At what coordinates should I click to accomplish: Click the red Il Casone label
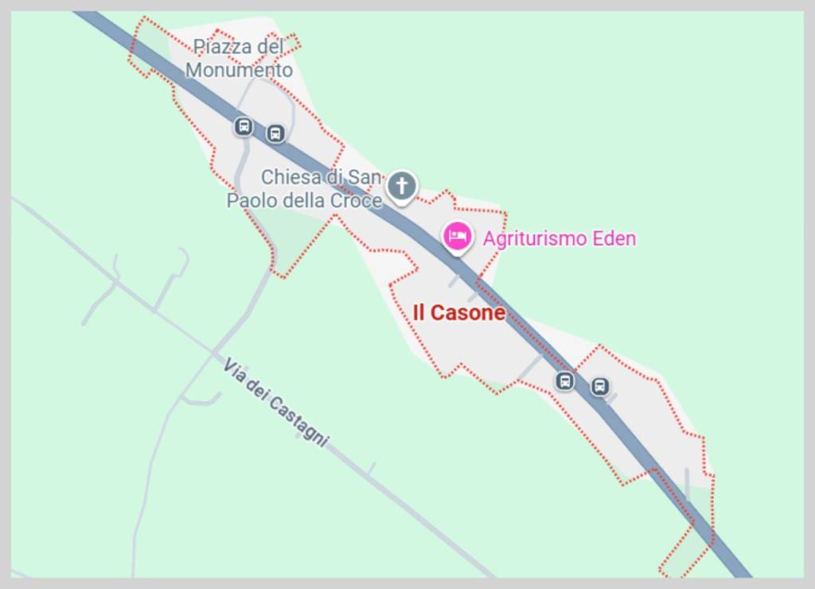pos(458,313)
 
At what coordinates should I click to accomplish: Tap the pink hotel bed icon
pos(458,236)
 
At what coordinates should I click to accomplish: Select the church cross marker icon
pos(402,186)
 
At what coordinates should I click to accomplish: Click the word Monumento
pos(239,70)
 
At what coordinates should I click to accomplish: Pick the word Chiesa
pos(291,177)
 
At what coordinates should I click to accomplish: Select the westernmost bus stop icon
pos(244,127)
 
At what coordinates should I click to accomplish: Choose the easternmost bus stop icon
pos(599,387)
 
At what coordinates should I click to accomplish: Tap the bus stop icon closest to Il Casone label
pos(564,380)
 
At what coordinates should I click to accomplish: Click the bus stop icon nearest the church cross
pos(275,133)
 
